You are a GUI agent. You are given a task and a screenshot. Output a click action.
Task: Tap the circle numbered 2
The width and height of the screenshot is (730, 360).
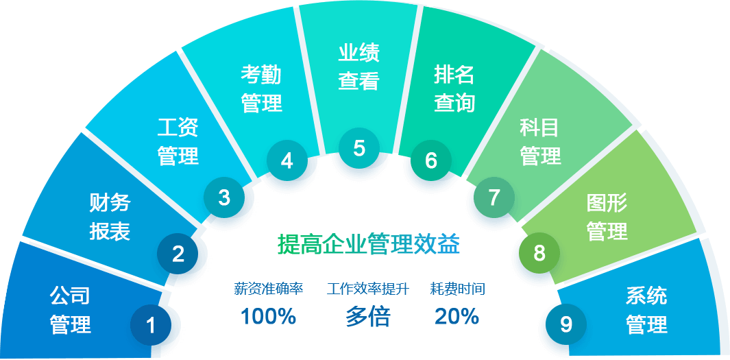point(178,254)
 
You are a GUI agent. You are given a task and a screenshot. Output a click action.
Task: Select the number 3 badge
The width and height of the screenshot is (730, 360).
point(224,197)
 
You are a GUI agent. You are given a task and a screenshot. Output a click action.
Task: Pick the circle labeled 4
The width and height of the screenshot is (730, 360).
point(287,160)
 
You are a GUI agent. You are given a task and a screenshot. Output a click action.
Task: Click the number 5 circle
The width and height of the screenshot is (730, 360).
point(359,147)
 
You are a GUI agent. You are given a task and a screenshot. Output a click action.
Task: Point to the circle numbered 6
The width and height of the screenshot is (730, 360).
point(430,160)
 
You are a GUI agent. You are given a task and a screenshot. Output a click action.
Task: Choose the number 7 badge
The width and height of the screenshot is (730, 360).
point(494,197)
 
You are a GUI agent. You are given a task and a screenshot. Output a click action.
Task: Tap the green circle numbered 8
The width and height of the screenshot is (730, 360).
point(539,253)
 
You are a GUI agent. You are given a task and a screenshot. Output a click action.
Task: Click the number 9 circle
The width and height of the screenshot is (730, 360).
point(565,324)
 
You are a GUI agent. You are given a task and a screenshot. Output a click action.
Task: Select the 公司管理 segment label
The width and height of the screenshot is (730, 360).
point(70,310)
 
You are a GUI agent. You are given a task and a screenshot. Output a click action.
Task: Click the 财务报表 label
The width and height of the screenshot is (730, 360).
point(110,217)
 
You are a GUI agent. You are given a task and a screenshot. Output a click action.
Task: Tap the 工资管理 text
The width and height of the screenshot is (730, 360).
point(178,141)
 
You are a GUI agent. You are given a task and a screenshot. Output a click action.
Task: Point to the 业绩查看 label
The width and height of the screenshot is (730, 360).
point(358,67)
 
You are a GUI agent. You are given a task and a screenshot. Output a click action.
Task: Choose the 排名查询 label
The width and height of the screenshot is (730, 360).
point(454,88)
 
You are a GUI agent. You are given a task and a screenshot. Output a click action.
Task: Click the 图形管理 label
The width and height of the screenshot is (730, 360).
point(607,217)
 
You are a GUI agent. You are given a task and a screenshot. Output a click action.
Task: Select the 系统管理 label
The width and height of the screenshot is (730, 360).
point(646,310)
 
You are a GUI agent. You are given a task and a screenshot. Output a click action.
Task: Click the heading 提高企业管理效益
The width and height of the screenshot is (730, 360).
point(368,244)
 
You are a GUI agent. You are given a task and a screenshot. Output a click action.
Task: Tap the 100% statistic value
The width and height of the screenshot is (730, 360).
point(268,317)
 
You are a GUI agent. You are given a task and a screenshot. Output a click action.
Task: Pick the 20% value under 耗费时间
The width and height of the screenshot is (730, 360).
point(457,317)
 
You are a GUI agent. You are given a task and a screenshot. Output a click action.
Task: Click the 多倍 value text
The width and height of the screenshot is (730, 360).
point(368,317)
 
